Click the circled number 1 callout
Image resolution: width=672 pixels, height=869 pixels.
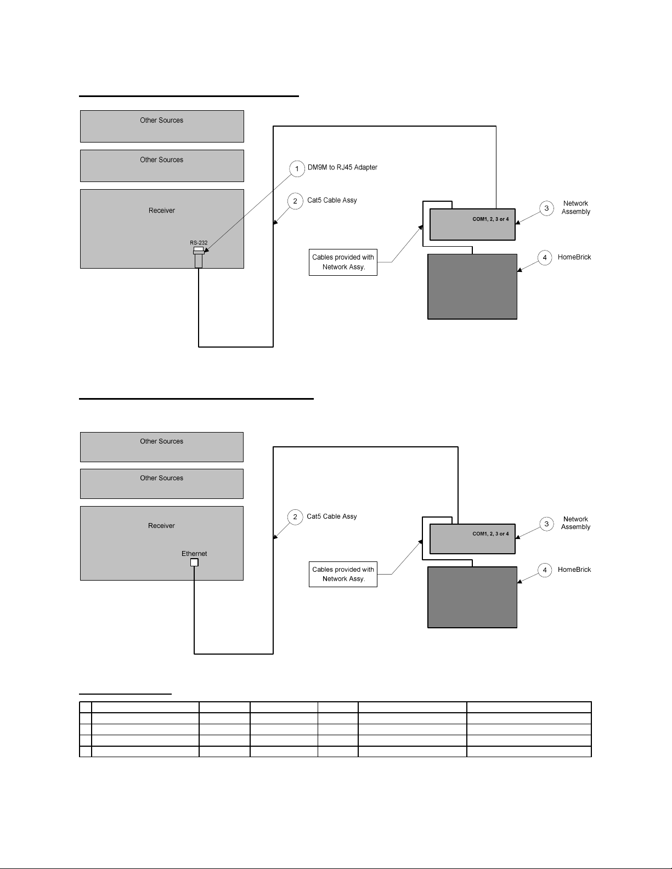pos(297,169)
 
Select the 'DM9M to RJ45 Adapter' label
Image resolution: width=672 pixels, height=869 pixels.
pos(342,167)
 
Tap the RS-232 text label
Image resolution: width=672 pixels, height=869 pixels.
pos(199,242)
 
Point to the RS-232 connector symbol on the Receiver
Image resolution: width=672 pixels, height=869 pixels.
pos(199,257)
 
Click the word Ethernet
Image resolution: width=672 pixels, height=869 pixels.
pos(194,554)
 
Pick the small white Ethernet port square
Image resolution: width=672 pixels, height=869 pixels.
pos(194,563)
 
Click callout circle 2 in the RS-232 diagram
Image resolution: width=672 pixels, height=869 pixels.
pos(295,201)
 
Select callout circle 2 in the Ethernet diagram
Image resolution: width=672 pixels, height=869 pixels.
pos(295,517)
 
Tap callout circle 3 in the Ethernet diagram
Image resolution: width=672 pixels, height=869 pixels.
pos(546,524)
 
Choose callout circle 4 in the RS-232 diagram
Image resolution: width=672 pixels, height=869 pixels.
pos(545,258)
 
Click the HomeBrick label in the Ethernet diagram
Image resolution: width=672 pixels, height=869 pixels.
pos(574,570)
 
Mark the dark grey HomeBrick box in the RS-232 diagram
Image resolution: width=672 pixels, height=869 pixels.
pos(472,286)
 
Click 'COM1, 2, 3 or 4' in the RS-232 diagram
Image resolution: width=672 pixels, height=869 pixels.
pos(490,219)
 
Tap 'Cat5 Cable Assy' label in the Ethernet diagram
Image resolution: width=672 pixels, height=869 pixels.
pos(332,516)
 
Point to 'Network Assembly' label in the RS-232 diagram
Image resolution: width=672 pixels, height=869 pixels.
pos(575,208)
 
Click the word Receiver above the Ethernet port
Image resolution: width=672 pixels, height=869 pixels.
pos(161,526)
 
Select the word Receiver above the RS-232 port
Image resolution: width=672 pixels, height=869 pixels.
pos(162,211)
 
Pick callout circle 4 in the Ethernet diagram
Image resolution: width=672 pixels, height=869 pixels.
pos(545,571)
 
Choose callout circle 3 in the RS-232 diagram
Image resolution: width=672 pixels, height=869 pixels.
pos(546,208)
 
